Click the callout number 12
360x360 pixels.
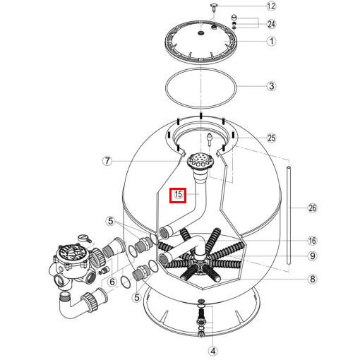[x=271, y=6]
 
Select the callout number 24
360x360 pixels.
[x=271, y=23]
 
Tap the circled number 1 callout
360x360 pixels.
[x=271, y=41]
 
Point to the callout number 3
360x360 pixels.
[x=271, y=87]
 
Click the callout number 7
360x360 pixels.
[x=107, y=161]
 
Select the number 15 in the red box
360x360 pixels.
[x=178, y=194]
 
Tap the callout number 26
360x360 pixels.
[x=313, y=208]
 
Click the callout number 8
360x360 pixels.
[x=313, y=280]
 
